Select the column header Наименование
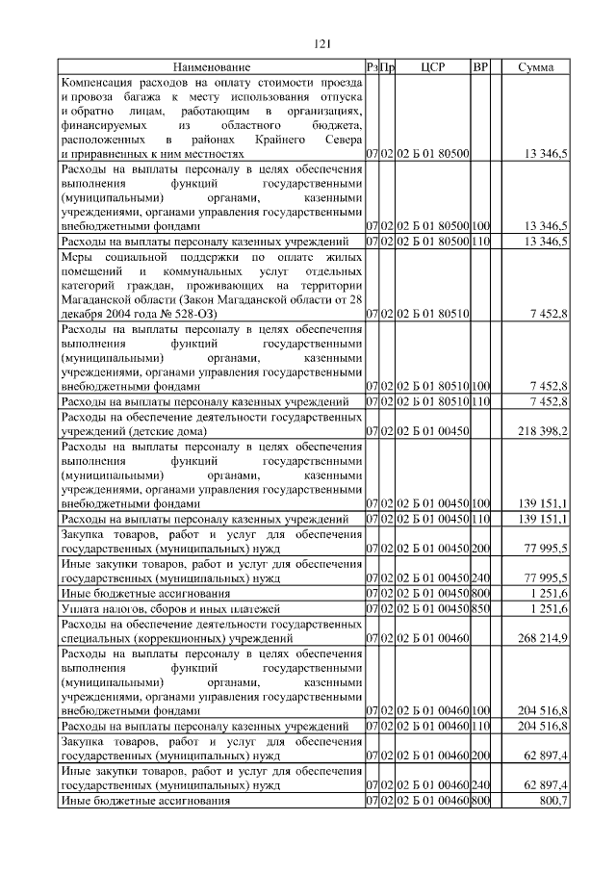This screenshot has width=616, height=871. coord(212,68)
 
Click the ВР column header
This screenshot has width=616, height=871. coord(480,68)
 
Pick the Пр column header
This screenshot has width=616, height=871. coord(388,68)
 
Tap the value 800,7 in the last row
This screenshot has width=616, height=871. coord(553,802)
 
